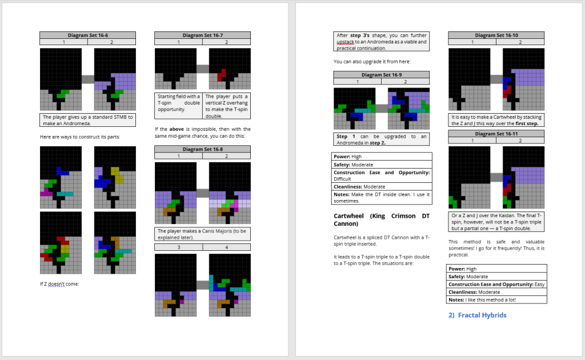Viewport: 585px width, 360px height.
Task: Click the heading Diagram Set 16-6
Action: [87, 35]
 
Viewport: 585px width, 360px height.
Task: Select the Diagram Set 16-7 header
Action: [203, 35]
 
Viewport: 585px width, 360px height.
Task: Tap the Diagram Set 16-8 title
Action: [203, 149]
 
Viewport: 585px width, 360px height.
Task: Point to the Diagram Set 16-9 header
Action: [381, 75]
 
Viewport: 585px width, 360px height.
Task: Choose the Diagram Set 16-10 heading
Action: [496, 35]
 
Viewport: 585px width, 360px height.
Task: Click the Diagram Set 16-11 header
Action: [496, 134]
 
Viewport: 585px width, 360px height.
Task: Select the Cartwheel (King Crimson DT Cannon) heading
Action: [382, 220]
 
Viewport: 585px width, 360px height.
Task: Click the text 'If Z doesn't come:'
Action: [59, 284]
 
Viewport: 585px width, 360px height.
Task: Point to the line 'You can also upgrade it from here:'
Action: [372, 62]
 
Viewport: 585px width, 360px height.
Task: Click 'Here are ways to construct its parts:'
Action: [80, 137]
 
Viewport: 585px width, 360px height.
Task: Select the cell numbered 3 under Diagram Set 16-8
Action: [179, 247]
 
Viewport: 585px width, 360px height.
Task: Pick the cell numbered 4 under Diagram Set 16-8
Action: [226, 247]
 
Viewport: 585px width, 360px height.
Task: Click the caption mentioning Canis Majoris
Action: [203, 234]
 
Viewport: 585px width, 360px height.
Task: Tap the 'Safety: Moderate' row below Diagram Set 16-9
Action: [382, 165]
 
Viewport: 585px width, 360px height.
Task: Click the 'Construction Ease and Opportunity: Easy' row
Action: [496, 284]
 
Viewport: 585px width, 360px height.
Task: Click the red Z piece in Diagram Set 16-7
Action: [222, 75]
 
